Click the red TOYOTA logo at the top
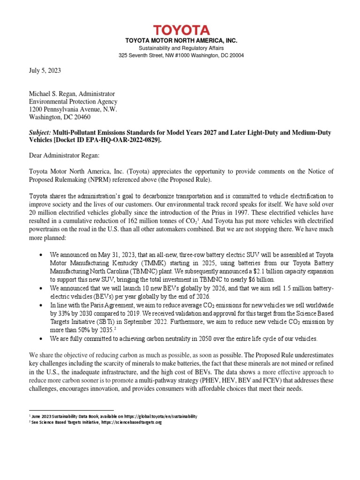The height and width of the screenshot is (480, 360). click(x=180, y=30)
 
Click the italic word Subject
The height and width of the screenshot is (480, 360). click(x=40, y=133)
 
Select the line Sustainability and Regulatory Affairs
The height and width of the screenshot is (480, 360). click(x=180, y=48)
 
